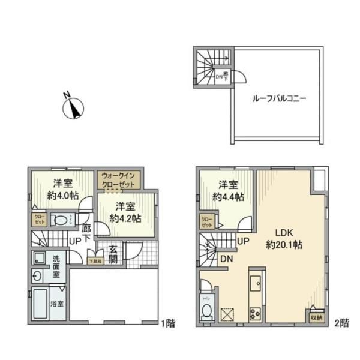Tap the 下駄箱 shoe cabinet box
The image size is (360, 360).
click(95, 260)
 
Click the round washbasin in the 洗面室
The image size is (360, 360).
click(38, 277)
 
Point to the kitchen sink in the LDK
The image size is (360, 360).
click(254, 283)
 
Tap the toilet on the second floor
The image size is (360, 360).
click(207, 310)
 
